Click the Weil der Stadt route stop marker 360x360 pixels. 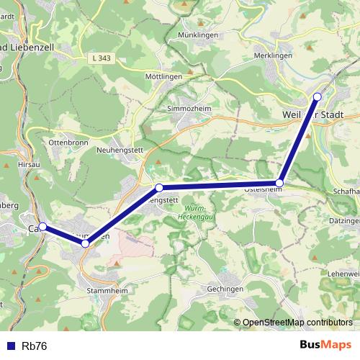click(x=318, y=96)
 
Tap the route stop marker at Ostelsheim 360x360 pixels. click(x=280, y=183)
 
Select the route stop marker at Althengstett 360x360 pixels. click(x=159, y=188)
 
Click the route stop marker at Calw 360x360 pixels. click(x=42, y=227)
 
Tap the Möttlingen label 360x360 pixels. click(x=163, y=76)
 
